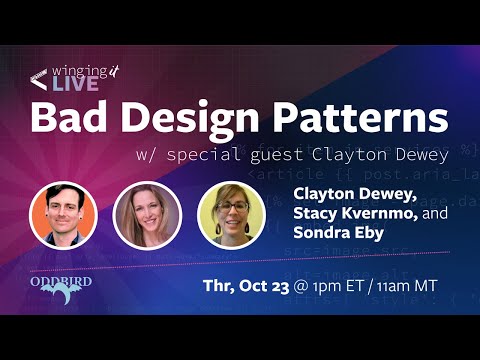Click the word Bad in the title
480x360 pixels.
pos(69,119)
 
